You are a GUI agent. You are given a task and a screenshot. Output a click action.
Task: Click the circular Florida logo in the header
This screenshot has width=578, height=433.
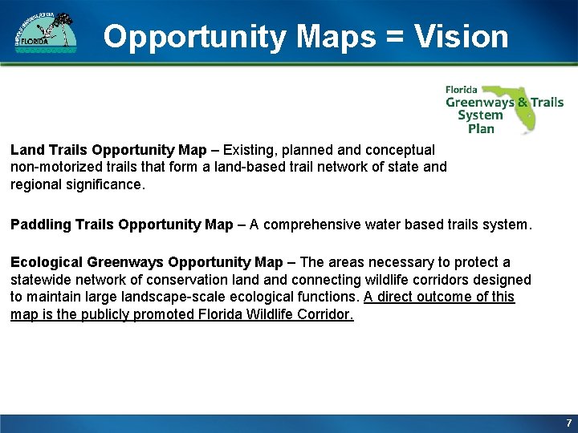pos(46,34)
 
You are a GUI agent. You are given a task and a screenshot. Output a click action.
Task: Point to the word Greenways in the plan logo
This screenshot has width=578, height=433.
pos(480,102)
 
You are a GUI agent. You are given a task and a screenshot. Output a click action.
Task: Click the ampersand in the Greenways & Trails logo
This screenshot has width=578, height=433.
pos(523,102)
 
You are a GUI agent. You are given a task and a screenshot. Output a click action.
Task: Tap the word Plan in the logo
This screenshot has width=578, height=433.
pos(480,128)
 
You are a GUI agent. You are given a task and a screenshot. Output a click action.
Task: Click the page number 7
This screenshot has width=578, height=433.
pos(568,423)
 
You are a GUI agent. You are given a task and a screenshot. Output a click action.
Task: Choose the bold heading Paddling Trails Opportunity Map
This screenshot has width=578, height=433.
pos(121,225)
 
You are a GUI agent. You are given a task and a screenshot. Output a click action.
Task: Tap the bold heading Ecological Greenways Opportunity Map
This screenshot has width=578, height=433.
pos(146,262)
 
